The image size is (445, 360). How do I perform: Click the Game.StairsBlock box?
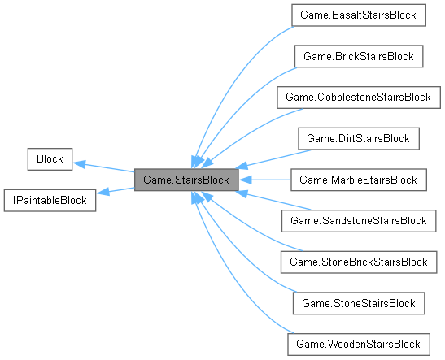coord(186,180)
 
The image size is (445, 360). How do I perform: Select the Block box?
coord(50,158)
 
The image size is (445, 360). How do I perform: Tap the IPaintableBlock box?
coord(50,200)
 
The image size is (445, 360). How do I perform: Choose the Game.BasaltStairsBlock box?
coord(358,15)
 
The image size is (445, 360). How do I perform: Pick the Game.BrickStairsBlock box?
coord(358,56)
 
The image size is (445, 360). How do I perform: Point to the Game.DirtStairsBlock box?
coord(358,138)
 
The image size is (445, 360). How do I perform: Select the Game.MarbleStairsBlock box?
coord(358,180)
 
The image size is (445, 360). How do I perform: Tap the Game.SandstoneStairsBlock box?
coord(358,220)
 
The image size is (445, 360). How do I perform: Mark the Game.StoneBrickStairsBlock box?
coord(358,262)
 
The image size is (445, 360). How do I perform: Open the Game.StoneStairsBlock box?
coord(358,302)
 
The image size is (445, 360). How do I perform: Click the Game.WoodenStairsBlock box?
coord(358,344)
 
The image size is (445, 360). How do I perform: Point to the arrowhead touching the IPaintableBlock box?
coord(102,193)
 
